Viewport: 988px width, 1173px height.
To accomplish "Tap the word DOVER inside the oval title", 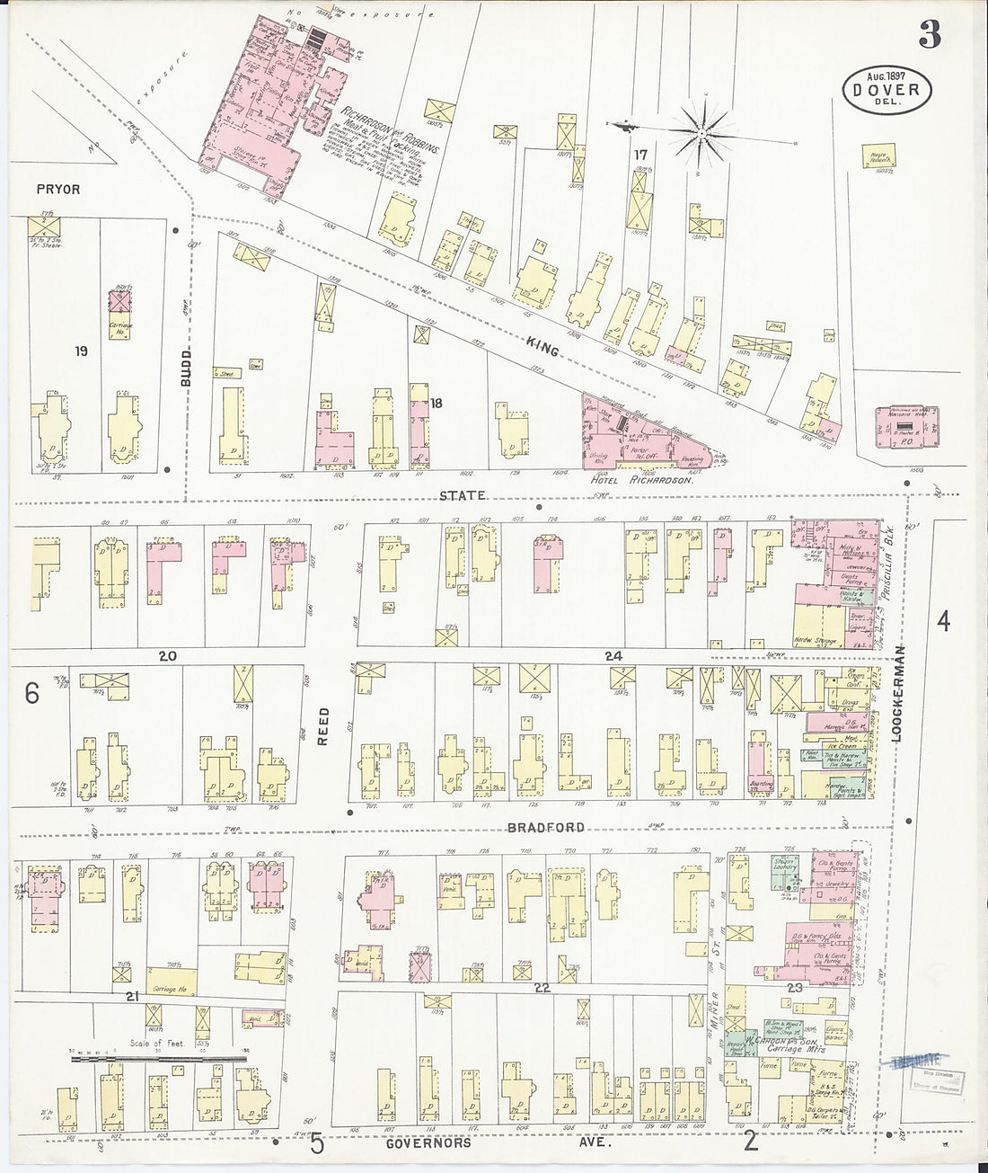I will [x=887, y=90].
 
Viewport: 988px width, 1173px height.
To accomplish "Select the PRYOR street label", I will [x=58, y=190].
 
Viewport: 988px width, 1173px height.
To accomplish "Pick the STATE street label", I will [x=463, y=495].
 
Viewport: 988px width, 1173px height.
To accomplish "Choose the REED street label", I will [x=323, y=726].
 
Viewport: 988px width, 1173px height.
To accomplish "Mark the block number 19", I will [x=82, y=351].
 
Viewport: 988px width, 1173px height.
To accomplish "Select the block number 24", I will [x=613, y=656].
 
